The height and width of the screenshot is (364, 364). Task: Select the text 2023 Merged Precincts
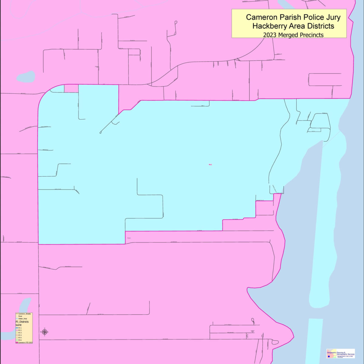293,35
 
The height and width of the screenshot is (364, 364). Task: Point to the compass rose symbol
45,332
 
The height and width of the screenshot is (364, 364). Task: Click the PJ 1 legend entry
20,328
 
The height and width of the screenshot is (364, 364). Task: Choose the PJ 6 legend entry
20,340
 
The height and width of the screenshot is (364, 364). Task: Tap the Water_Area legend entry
22,319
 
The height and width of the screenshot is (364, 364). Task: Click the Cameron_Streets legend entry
24,314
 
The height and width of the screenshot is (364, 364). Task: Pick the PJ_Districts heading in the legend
22,322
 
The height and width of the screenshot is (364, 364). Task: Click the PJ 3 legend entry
20,333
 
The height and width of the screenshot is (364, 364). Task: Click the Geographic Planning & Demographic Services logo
341,353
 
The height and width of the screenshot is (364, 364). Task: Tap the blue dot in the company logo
329,356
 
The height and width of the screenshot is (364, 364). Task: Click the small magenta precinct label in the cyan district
210,164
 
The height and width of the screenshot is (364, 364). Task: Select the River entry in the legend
20,316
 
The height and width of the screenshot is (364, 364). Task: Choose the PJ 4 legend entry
20,335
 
